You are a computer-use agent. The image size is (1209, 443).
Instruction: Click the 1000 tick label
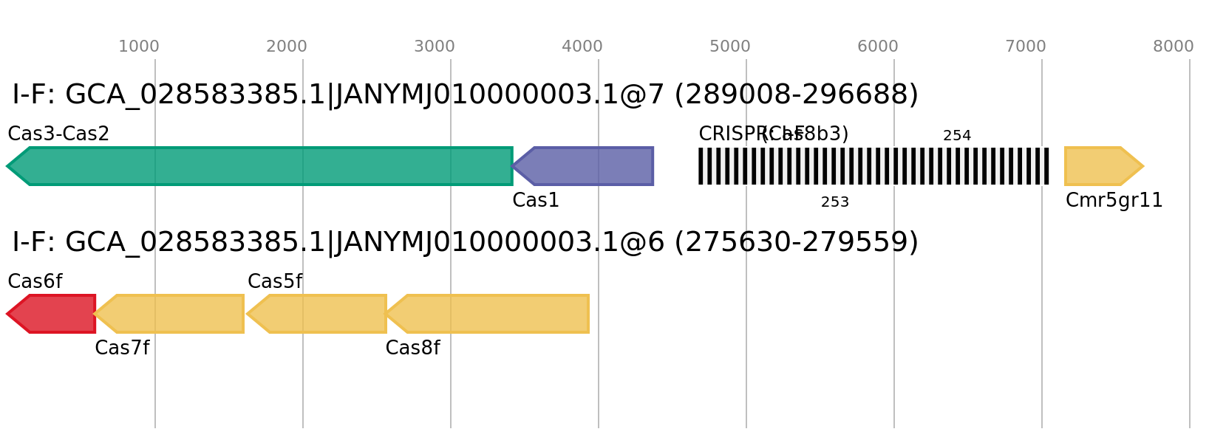[x=139, y=47]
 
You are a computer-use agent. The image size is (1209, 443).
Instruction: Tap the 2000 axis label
[x=287, y=47]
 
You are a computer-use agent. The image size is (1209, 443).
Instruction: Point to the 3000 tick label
[x=435, y=47]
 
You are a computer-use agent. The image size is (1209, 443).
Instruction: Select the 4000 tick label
[x=582, y=47]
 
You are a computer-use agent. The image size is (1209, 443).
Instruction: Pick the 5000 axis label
[x=730, y=47]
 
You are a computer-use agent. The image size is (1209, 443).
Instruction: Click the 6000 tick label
[x=878, y=47]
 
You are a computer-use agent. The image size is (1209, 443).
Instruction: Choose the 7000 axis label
[x=1026, y=47]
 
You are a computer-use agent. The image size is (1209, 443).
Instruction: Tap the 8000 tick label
[x=1174, y=47]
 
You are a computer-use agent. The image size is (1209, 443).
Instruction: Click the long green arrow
[x=266, y=166]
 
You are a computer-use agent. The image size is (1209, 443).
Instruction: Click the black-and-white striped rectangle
[x=873, y=166]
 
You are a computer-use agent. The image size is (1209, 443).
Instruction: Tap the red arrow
[x=55, y=314]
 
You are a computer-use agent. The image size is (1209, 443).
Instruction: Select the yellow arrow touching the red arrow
[x=174, y=314]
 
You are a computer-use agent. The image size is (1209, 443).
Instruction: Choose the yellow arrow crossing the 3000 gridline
[x=491, y=314]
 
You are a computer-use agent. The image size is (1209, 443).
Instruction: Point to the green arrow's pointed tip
[x=7, y=166]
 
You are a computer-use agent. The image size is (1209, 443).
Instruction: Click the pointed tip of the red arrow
[x=7, y=314]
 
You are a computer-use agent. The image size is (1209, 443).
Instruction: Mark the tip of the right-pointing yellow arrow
[x=1143, y=166]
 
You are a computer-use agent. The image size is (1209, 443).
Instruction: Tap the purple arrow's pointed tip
[x=513, y=166]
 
